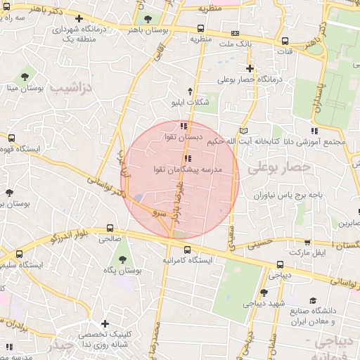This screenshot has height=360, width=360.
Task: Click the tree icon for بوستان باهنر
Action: [147, 20]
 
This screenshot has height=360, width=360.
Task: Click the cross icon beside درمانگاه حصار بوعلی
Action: [250, 68]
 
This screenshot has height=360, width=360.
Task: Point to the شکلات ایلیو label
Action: [191, 103]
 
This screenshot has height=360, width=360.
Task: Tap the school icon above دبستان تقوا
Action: [184, 126]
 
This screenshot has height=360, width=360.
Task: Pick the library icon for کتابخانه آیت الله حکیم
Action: [243, 131]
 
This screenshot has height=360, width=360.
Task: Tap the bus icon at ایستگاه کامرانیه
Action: [186, 249]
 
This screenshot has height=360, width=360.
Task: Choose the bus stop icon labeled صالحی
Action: [110, 228]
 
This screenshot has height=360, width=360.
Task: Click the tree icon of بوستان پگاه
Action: [127, 258]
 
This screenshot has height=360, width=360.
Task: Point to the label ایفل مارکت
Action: [310, 251]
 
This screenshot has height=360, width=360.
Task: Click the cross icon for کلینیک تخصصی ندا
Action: [105, 324]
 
